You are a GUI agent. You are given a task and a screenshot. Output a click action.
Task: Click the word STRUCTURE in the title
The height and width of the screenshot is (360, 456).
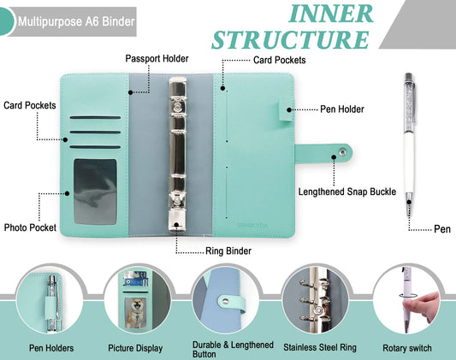291,40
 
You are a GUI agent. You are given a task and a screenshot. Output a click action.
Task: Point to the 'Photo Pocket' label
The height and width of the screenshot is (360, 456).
30,227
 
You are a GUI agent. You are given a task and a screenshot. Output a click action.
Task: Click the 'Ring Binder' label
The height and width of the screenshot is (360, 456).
228,251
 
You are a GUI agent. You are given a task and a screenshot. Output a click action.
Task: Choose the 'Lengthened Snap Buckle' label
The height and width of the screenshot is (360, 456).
347,192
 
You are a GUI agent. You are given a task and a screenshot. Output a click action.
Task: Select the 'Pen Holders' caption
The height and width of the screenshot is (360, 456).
51,348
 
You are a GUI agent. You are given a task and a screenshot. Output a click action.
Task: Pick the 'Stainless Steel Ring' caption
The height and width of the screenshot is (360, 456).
314,346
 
